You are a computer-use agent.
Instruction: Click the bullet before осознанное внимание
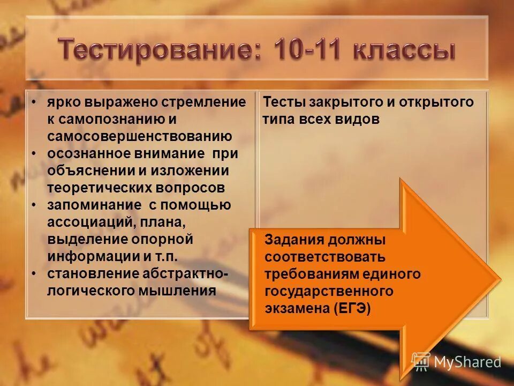(34, 154)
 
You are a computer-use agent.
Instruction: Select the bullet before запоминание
(34, 205)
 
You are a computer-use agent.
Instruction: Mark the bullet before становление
(34, 274)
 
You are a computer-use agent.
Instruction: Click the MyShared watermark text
(467, 362)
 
